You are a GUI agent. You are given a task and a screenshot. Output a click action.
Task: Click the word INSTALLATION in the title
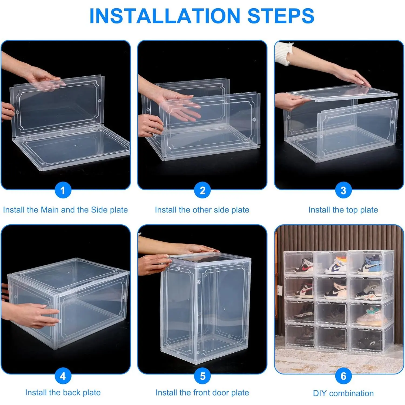(x=165, y=16)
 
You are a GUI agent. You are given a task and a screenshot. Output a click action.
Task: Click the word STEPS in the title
(x=281, y=16)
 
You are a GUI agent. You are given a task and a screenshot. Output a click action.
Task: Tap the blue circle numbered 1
(x=63, y=190)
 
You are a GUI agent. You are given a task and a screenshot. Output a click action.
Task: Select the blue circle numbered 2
(x=202, y=190)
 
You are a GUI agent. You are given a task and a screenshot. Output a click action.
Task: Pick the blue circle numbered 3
(x=343, y=190)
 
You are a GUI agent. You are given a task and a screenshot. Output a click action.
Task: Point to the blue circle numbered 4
(x=63, y=376)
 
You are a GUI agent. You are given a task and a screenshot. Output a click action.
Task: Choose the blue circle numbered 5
(x=202, y=376)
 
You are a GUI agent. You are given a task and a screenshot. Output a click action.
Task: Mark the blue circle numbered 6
(x=343, y=376)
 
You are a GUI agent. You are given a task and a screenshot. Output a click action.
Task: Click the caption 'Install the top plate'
(x=343, y=210)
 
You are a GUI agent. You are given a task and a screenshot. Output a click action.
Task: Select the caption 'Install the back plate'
(x=63, y=393)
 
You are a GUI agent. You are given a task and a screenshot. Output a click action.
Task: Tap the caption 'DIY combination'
(x=343, y=393)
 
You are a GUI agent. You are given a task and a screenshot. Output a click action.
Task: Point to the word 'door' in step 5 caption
(x=217, y=393)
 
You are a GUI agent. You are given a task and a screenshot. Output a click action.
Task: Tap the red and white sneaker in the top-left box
(x=303, y=266)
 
